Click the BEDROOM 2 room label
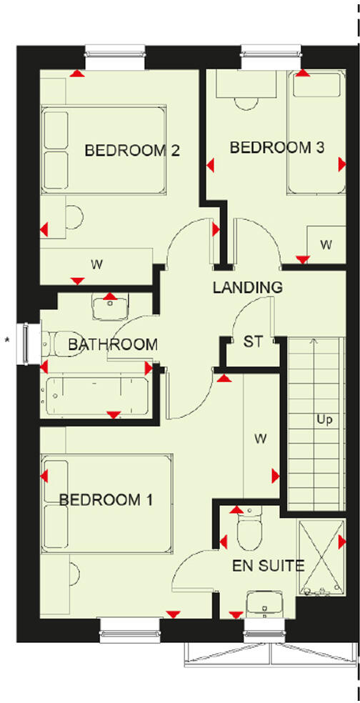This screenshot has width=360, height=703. click(131, 151)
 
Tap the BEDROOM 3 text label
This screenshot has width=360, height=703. click(277, 148)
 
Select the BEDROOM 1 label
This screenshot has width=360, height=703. click(106, 499)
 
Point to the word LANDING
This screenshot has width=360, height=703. click(247, 288)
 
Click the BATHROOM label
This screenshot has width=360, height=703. click(112, 344)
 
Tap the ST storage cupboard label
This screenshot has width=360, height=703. click(253, 341)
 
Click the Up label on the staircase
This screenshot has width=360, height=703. click(324, 419)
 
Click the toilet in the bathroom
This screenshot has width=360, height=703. click(61, 344)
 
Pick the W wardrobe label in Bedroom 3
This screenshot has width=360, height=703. click(326, 245)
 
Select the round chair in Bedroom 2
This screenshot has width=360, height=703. click(74, 216)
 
